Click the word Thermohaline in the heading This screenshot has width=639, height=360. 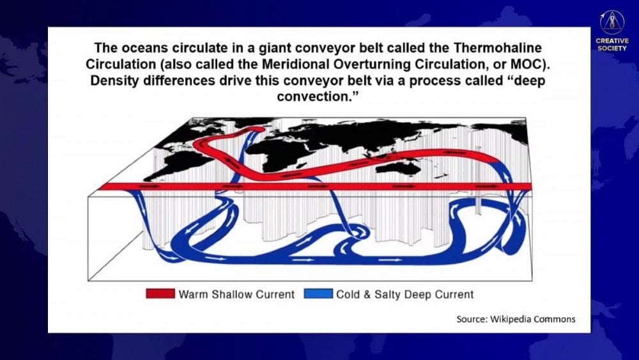click(498, 48)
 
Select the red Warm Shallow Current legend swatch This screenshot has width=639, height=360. click(160, 293)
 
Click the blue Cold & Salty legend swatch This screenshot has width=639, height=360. click(318, 293)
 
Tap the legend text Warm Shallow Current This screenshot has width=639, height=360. click(236, 294)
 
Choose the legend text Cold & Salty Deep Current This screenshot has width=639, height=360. click(405, 294)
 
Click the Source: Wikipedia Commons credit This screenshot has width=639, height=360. click(516, 319)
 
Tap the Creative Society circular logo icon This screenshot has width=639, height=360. click(612, 22)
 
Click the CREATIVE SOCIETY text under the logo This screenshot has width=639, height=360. click(612, 44)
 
